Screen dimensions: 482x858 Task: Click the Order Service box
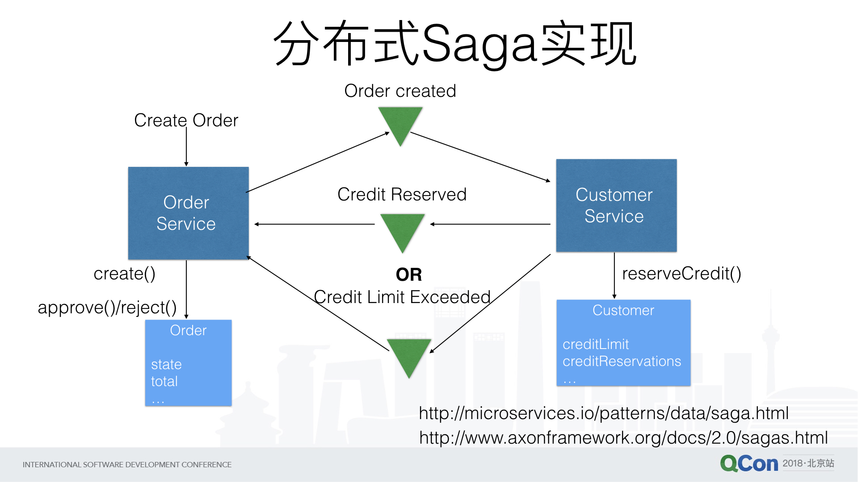click(x=188, y=213)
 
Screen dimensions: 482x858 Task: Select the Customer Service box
click(x=616, y=205)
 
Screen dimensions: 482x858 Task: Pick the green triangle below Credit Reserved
click(x=402, y=230)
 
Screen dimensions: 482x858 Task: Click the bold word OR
click(x=409, y=274)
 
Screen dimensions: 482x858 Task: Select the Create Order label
click(x=186, y=120)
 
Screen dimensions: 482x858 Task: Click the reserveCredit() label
click(x=681, y=274)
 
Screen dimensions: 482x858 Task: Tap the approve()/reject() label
click(x=107, y=307)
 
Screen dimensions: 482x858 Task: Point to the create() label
click(x=124, y=274)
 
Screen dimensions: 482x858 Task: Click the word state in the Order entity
click(x=166, y=365)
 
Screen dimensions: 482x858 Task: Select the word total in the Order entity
click(x=164, y=382)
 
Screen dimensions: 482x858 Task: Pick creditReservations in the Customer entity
click(x=622, y=361)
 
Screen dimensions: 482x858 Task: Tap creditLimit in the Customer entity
click(x=596, y=344)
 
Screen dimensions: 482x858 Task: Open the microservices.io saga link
click(x=604, y=413)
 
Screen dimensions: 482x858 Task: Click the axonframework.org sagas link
click(x=623, y=438)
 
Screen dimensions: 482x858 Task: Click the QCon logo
click(x=749, y=464)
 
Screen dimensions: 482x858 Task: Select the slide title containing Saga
click(x=455, y=44)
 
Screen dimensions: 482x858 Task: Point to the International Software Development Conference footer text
click(x=127, y=465)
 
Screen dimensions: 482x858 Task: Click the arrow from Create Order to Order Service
click(x=186, y=147)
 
